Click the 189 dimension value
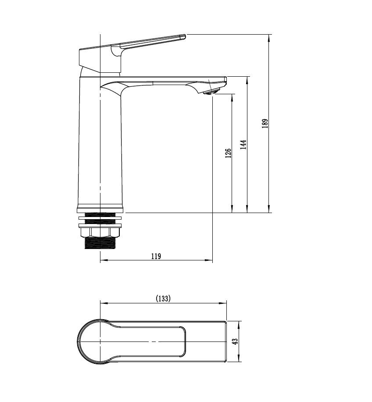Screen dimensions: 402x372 [265, 123]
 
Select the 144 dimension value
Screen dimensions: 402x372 [243, 145]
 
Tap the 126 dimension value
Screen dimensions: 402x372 [228, 153]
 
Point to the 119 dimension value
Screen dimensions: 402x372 [156, 256]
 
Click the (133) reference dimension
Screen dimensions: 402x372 [163, 299]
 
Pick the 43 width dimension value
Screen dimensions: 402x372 [235, 341]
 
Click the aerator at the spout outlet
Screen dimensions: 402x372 [211, 91]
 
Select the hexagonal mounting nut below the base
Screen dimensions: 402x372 [100, 232]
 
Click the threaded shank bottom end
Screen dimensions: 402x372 [100, 246]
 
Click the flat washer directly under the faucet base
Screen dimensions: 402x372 [100, 217]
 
